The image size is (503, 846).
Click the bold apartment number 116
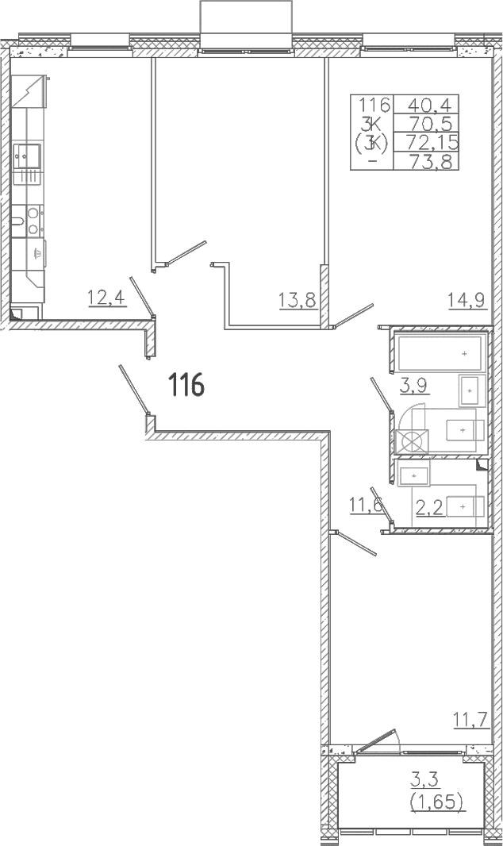click(186, 386)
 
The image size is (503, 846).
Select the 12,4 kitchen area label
click(107, 298)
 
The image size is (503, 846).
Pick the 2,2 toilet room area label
click(430, 506)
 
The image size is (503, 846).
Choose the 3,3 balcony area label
click(425, 779)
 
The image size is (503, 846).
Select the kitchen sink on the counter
click(26, 156)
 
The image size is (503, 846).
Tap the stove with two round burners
click(32, 221)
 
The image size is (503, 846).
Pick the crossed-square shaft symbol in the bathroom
click(412, 440)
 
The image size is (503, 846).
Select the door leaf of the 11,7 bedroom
click(355, 544)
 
